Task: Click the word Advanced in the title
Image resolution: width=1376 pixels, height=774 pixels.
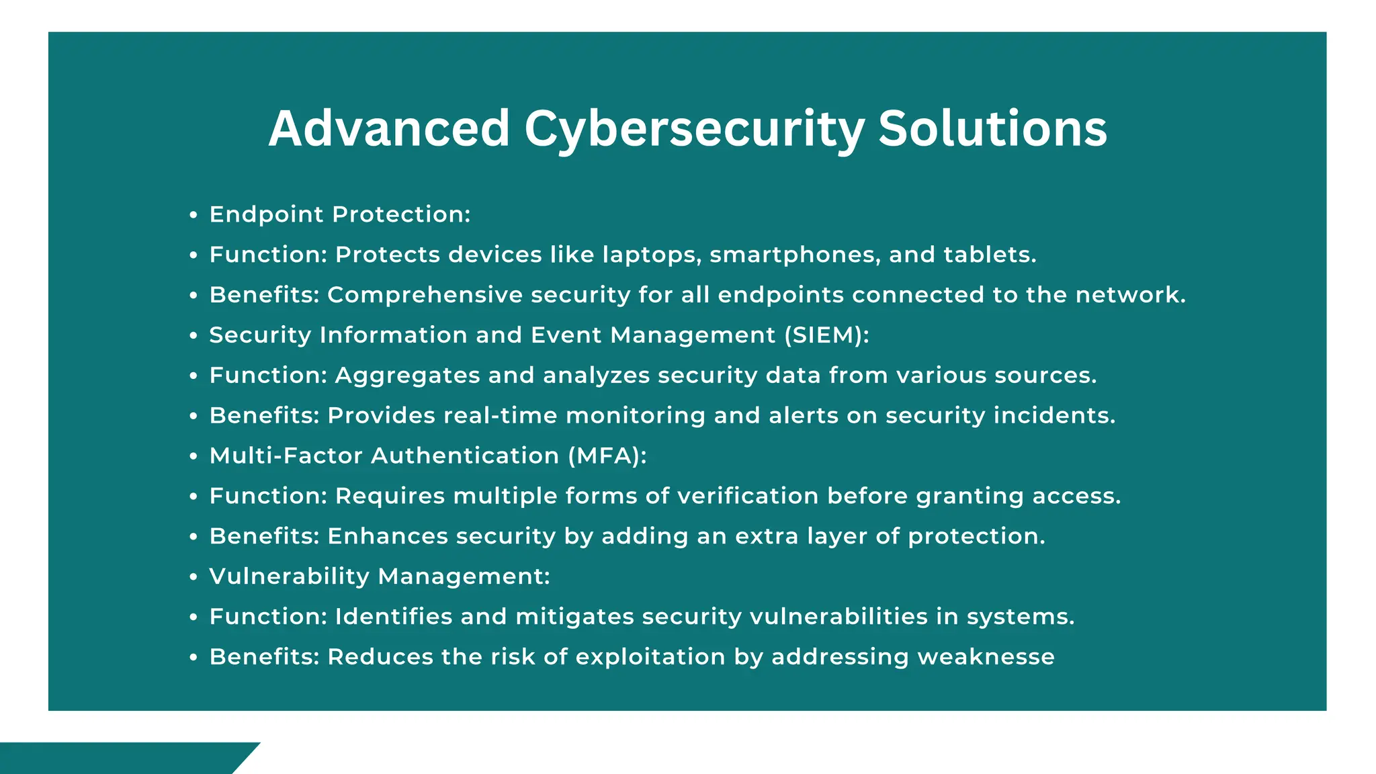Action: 389,128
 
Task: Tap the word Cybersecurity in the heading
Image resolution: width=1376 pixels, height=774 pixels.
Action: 693,128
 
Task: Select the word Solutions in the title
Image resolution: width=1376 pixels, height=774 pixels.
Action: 992,128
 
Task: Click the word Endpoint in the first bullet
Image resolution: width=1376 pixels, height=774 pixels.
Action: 267,215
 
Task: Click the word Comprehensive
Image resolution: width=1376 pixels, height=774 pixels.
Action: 425,296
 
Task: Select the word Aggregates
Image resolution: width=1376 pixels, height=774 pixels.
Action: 407,376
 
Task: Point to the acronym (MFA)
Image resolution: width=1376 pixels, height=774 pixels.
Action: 607,456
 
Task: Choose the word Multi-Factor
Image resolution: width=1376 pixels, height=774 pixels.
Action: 286,456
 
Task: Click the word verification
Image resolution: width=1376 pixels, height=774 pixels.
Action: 748,497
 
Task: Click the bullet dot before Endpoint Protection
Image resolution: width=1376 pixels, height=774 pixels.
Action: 193,216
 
